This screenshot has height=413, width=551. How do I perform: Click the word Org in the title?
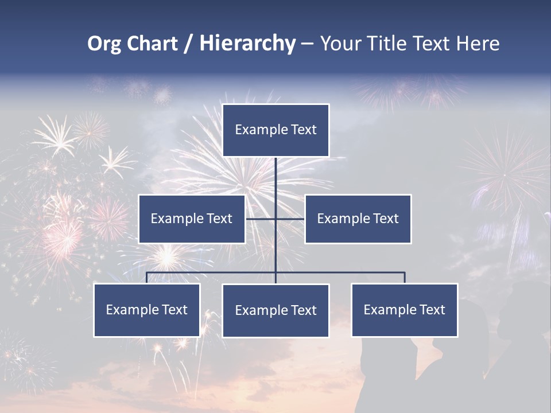click(104, 44)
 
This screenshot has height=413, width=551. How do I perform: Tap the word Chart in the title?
click(152, 44)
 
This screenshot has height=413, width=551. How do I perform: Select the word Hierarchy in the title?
click(247, 44)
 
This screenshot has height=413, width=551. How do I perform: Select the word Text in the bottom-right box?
click(431, 310)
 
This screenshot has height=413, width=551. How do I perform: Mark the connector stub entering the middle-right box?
click(290, 219)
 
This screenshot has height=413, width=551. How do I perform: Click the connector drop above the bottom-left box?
click(146, 278)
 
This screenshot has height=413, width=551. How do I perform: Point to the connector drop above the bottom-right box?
click(404, 278)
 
